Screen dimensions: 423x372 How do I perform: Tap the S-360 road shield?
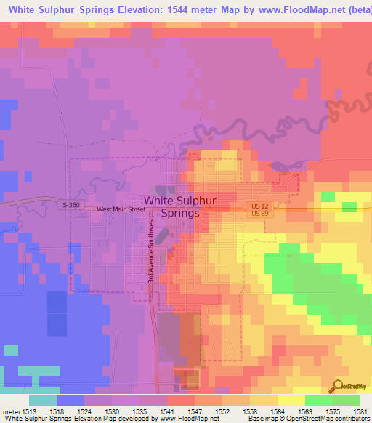(70, 206)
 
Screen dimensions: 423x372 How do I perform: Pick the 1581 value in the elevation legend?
(360, 411)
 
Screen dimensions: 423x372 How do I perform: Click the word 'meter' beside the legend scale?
(10, 411)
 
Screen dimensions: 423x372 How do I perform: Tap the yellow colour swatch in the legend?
(291, 400)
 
